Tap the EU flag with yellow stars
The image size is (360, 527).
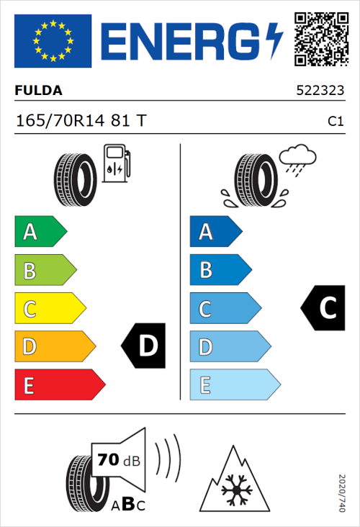[53, 41]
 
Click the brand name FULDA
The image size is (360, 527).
[38, 91]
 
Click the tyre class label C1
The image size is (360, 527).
[335, 122]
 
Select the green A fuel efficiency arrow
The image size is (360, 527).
[39, 232]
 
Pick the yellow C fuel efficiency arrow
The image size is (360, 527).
[49, 309]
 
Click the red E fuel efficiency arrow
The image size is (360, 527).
[59, 385]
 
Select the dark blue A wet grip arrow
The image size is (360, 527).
[215, 232]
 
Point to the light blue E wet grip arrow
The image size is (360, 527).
[234, 385]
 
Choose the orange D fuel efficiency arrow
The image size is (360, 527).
[54, 347]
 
